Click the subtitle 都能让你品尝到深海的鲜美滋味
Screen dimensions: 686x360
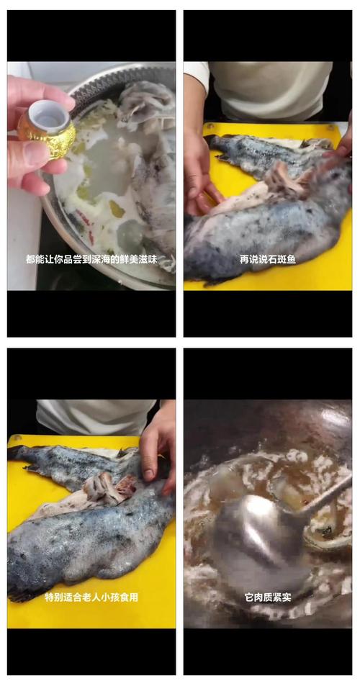[91, 259]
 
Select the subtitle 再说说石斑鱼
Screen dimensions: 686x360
[267, 259]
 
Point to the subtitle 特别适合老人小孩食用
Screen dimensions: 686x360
[91, 597]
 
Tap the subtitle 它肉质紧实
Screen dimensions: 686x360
[267, 597]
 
